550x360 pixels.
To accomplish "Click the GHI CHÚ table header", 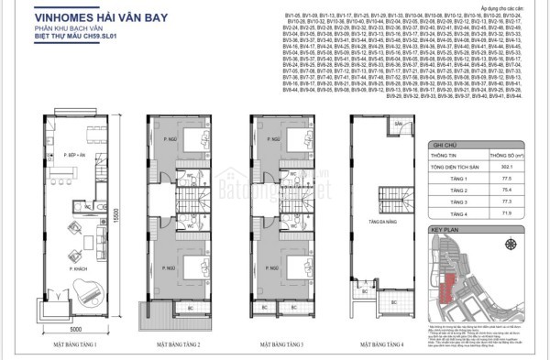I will point(445,144).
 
